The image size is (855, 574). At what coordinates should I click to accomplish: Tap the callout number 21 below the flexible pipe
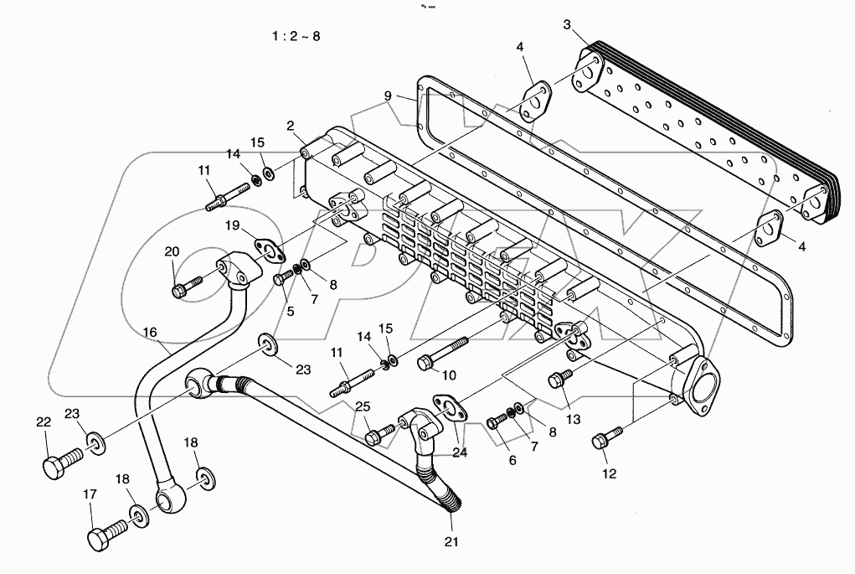tap(452, 542)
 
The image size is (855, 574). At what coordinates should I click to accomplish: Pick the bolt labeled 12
tap(607, 437)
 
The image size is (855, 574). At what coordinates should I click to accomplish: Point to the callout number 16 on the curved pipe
tap(149, 333)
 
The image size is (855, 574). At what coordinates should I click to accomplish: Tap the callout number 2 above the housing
tap(290, 126)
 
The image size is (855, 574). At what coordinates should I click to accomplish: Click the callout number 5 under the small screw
tap(291, 312)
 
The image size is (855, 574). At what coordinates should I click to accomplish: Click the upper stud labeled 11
tap(224, 199)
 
